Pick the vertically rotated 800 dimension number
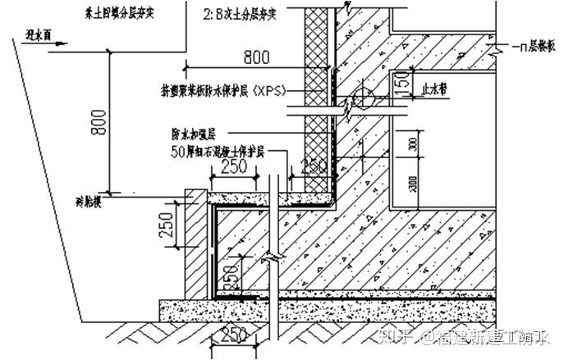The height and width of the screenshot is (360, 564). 98,124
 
